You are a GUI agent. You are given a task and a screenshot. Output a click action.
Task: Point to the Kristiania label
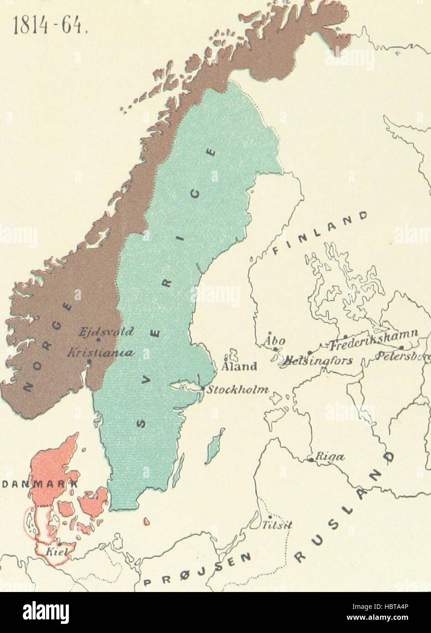100,353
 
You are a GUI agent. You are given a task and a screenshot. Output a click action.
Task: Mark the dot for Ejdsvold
98,339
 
